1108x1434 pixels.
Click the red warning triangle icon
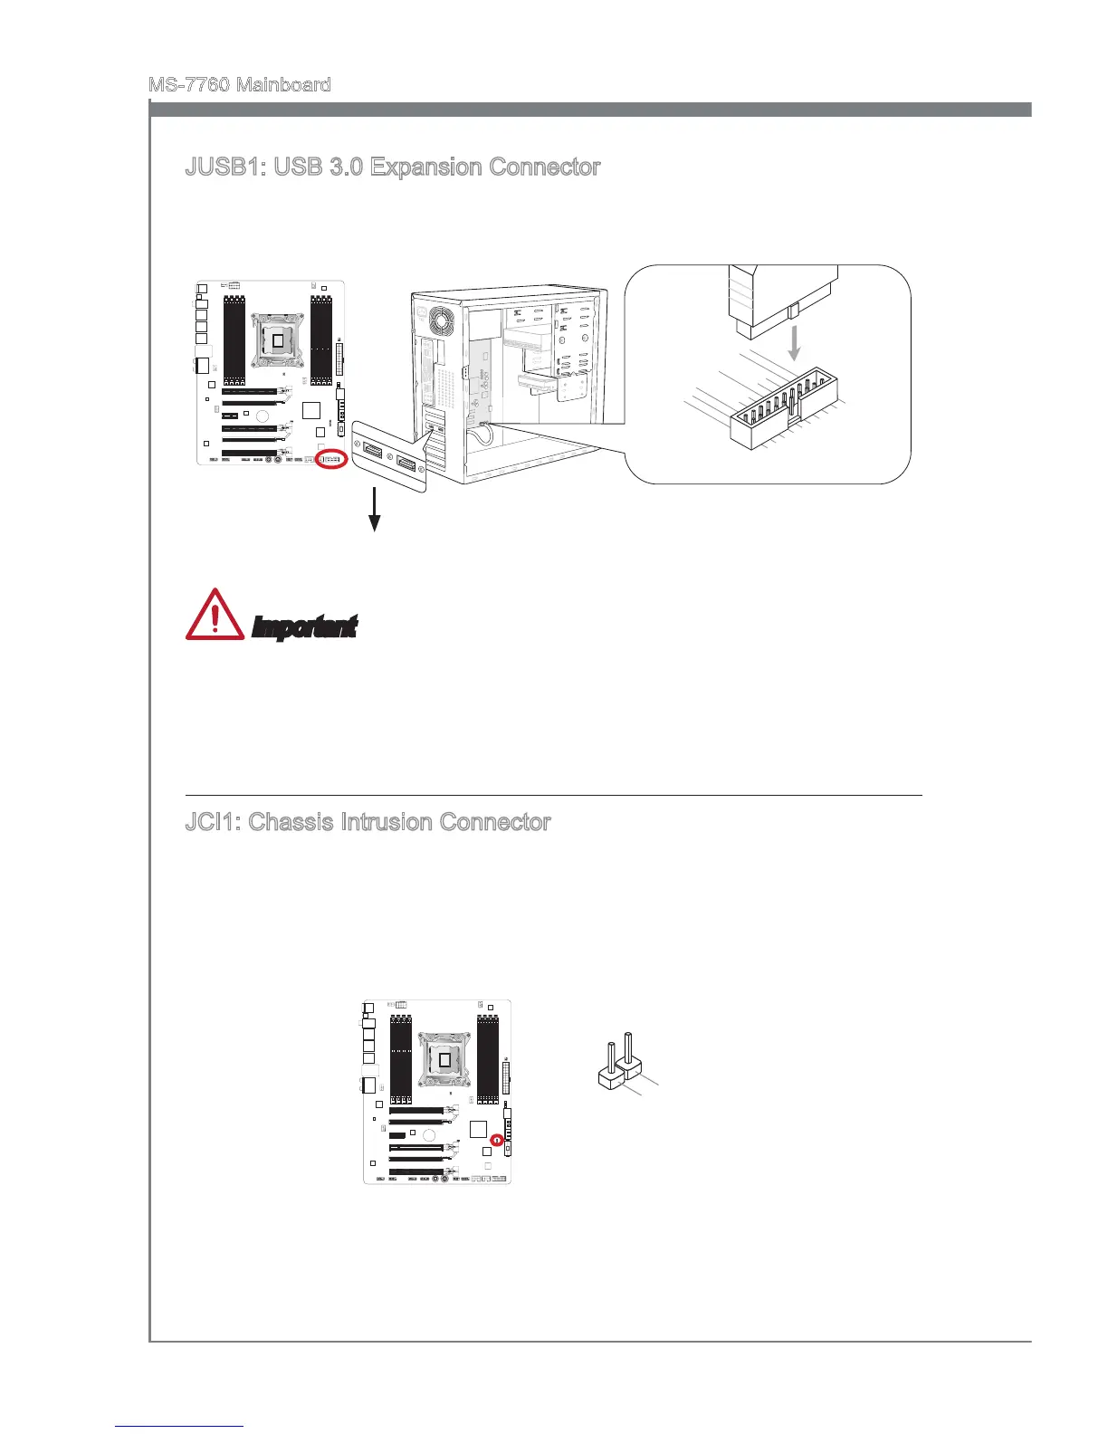215,616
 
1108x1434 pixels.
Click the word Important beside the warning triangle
304,626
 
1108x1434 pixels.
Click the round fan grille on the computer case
444,321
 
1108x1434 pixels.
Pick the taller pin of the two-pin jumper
626,1049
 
